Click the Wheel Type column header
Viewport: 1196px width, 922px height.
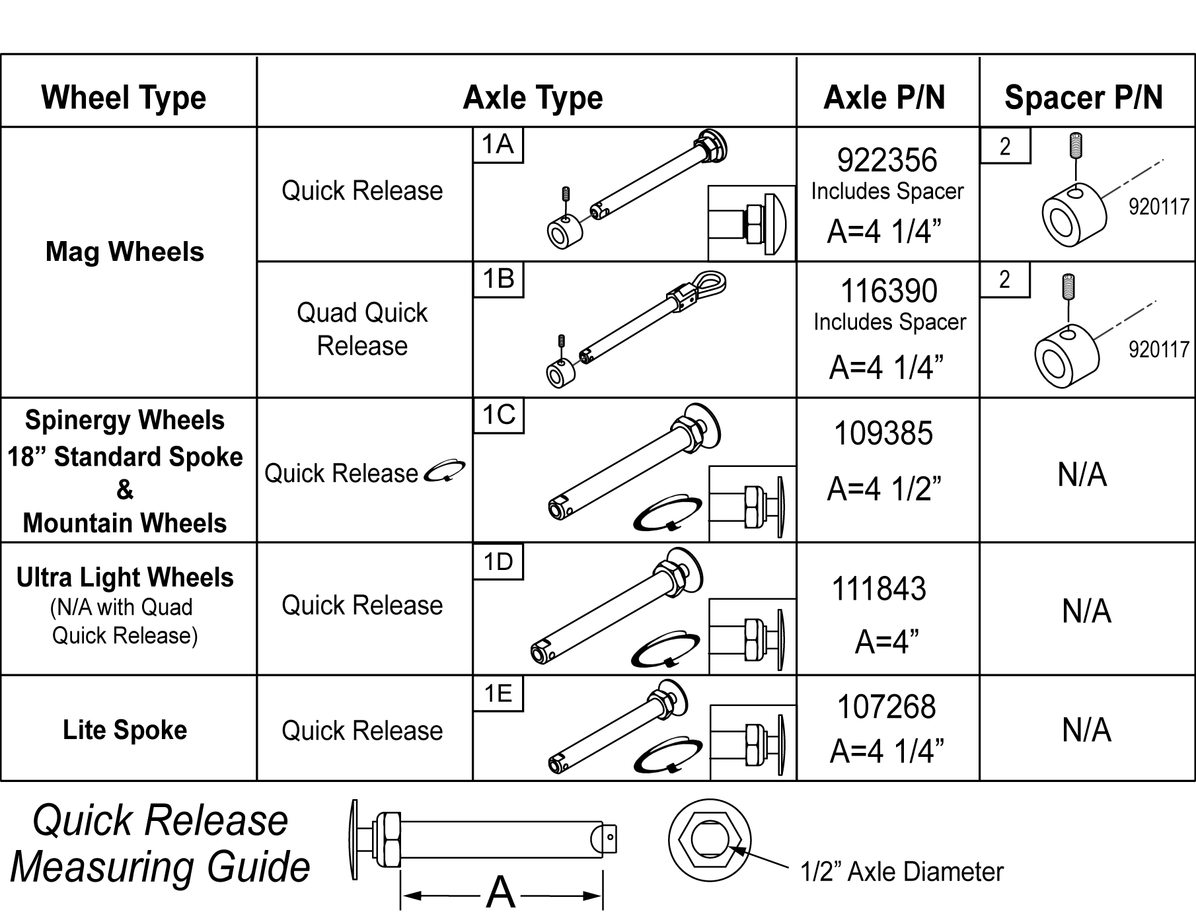pyautogui.click(x=124, y=98)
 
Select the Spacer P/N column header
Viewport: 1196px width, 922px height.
pyautogui.click(x=1084, y=98)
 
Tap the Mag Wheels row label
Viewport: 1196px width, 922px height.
pyautogui.click(x=125, y=252)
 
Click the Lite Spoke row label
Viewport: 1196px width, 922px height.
pyautogui.click(x=125, y=730)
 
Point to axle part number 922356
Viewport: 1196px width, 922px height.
pyautogui.click(x=887, y=160)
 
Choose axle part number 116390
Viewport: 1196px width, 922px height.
pyautogui.click(x=889, y=291)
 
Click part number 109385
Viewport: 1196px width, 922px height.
pyautogui.click(x=883, y=433)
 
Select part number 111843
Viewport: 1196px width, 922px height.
pyautogui.click(x=879, y=588)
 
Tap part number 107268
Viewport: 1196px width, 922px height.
pyautogui.click(x=887, y=707)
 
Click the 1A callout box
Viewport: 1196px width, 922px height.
pyautogui.click(x=498, y=145)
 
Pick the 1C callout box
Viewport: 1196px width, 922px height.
pyautogui.click(x=499, y=415)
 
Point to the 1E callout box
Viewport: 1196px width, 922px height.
pyautogui.click(x=498, y=693)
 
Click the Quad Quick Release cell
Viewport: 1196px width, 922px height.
pyautogui.click(x=362, y=329)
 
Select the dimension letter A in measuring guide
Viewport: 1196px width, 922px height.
pyautogui.click(x=501, y=893)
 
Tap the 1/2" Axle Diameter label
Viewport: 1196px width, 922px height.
pyautogui.click(x=902, y=872)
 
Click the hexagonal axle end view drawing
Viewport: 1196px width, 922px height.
pyautogui.click(x=710, y=839)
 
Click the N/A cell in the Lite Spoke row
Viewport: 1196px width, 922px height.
pyautogui.click(x=1086, y=730)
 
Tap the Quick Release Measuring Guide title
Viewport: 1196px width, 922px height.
pyautogui.click(x=161, y=843)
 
